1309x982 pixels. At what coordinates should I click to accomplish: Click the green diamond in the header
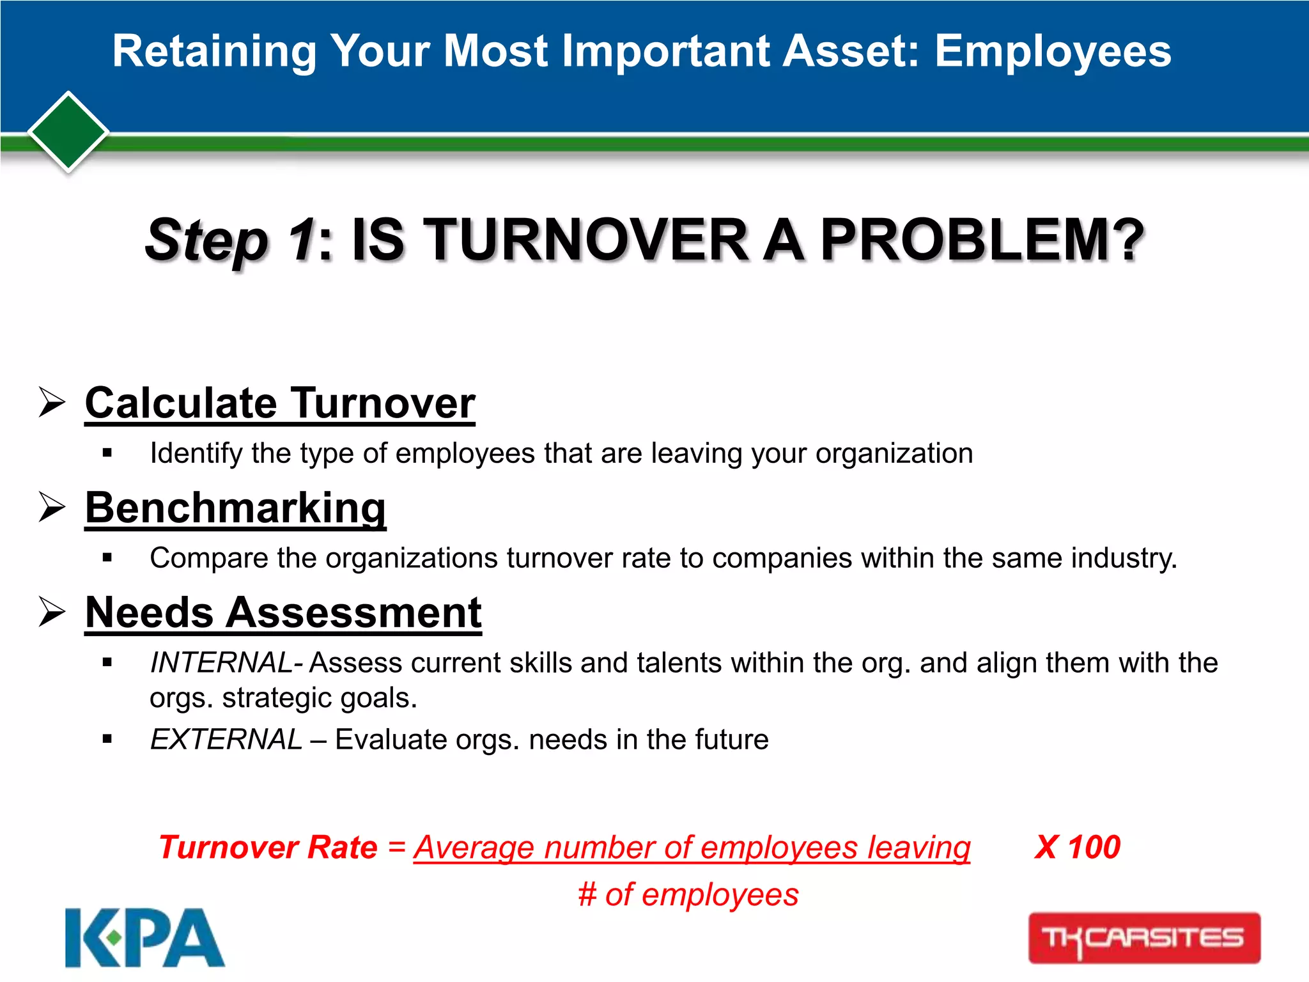68,132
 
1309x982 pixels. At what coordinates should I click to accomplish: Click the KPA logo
144,937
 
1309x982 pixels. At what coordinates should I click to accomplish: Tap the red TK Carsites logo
1143,938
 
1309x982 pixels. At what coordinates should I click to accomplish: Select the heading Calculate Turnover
280,403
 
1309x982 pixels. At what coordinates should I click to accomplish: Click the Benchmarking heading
235,508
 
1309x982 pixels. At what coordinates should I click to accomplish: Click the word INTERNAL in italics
221,662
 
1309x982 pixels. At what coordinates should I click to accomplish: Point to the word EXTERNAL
226,740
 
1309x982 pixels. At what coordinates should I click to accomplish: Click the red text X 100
1077,848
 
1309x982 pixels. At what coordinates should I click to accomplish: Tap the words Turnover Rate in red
268,848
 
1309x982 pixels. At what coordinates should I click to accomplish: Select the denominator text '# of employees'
688,894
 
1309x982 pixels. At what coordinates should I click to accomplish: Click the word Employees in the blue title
1053,51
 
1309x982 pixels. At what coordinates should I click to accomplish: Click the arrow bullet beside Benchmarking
52,508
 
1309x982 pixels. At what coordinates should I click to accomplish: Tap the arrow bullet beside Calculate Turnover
52,403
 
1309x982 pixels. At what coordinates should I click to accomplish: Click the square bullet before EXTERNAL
107,740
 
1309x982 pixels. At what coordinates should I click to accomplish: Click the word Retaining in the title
214,51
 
